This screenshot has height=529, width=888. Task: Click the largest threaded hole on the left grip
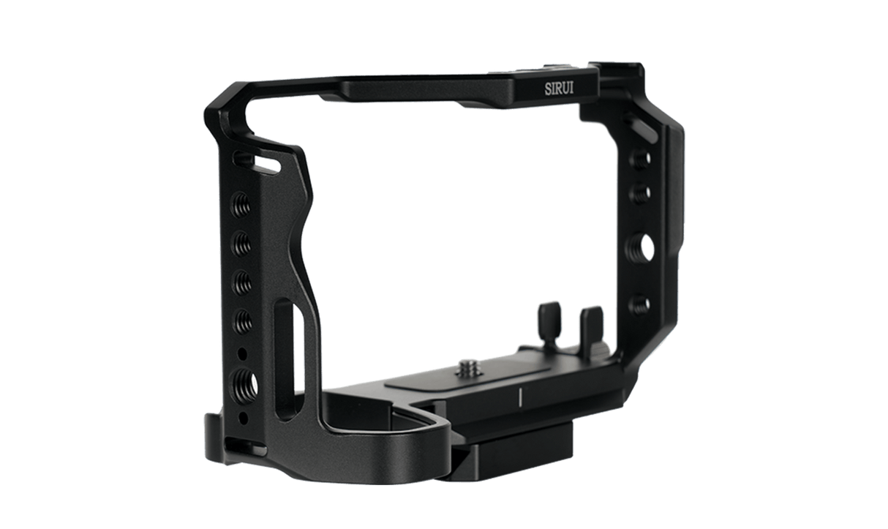click(x=241, y=380)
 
